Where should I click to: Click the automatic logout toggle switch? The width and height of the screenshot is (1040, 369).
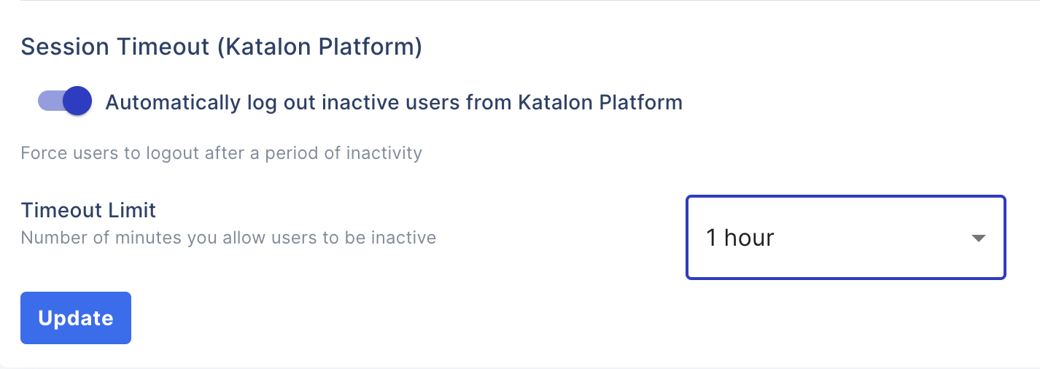tap(65, 101)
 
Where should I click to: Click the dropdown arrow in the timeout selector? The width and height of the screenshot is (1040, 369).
tap(979, 238)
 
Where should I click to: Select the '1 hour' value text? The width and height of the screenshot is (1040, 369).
tap(740, 238)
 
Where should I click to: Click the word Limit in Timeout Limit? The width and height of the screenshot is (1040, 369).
tap(132, 211)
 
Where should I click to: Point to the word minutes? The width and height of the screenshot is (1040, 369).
tap(124, 238)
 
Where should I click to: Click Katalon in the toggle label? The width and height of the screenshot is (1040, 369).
tap(554, 102)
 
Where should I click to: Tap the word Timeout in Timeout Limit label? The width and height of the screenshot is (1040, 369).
tap(61, 211)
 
